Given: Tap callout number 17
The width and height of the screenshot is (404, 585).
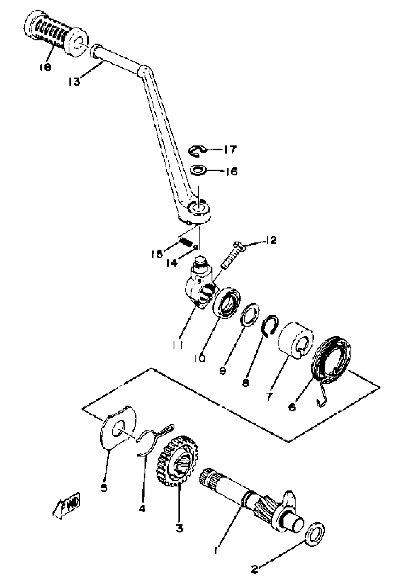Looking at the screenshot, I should coord(230,150).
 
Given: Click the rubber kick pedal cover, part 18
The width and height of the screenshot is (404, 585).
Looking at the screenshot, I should coord(56,33).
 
